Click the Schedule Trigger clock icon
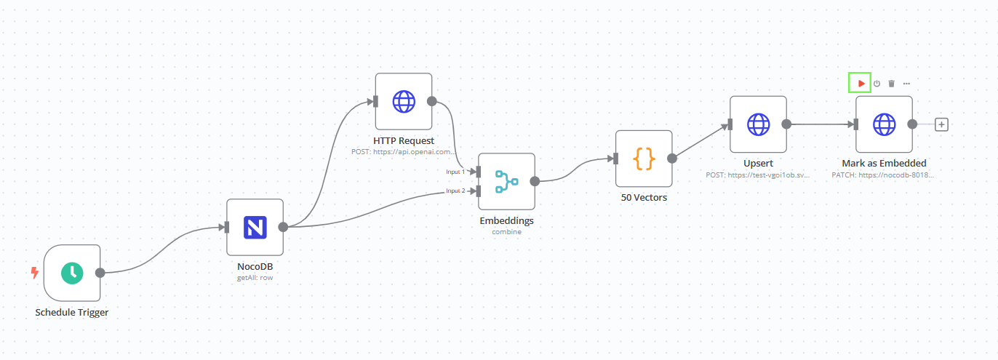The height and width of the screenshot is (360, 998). (71, 273)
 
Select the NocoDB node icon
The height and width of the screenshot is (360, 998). (255, 227)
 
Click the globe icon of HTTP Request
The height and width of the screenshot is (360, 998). (404, 101)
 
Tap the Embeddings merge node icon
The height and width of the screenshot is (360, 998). (506, 181)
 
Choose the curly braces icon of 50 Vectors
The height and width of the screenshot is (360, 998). (644, 159)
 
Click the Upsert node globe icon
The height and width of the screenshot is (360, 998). (758, 124)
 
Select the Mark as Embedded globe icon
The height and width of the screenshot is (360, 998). (884, 124)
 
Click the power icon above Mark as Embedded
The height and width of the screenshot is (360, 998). (877, 84)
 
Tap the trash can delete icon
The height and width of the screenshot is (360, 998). (891, 84)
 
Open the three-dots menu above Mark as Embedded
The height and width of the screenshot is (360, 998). (906, 84)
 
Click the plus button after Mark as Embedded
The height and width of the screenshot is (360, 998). (941, 124)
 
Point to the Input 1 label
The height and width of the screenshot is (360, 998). (455, 172)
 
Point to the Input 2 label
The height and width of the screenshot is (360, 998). (455, 191)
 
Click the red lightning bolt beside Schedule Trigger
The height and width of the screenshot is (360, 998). (34, 273)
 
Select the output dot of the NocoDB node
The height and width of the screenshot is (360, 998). (284, 227)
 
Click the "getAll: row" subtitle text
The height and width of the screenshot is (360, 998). (255, 277)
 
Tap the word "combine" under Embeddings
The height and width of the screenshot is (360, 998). (506, 231)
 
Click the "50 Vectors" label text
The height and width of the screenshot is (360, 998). (644, 197)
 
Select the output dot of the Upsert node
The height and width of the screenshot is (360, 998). (786, 124)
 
